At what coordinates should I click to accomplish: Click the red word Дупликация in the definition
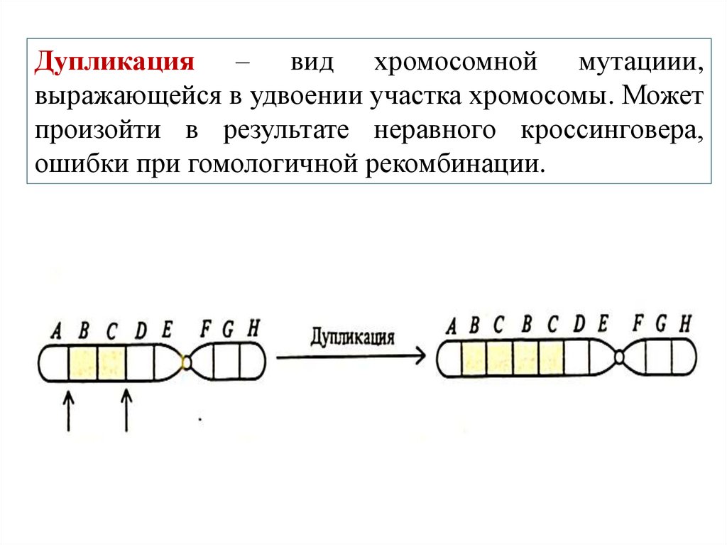(116, 63)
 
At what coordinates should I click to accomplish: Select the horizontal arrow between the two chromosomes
(351, 357)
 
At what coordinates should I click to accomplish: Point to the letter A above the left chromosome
(56, 330)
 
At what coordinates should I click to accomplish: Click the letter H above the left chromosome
(253, 328)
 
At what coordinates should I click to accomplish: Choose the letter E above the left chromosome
(168, 330)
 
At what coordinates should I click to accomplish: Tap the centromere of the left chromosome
(187, 362)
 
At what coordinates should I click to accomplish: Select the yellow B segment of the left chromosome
(82, 362)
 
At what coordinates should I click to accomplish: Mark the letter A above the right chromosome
(451, 327)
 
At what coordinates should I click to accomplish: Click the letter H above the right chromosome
(684, 324)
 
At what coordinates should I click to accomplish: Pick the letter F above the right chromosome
(638, 324)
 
